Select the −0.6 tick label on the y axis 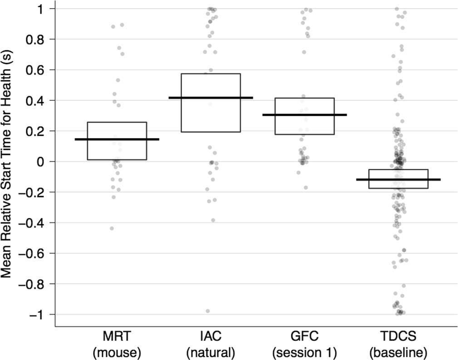tap(37, 253)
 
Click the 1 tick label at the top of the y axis tap(46, 9)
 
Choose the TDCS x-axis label tap(398, 337)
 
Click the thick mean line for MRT tap(117, 139)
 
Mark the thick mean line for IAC tap(211, 98)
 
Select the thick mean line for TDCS tap(398, 180)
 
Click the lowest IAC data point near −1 tap(208, 311)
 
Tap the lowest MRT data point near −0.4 tap(112, 228)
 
